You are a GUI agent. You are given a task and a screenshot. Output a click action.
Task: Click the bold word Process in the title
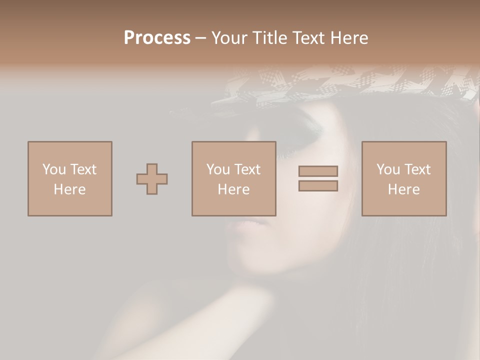(x=157, y=38)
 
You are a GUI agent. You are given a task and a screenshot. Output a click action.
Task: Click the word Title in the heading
(x=269, y=38)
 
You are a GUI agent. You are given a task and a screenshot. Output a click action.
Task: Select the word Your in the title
(x=229, y=38)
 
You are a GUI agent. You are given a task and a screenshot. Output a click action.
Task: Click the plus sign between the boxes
(x=152, y=179)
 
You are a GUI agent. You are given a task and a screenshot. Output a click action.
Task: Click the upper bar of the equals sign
(x=318, y=171)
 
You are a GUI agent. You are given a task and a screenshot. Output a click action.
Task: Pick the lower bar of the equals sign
(x=318, y=186)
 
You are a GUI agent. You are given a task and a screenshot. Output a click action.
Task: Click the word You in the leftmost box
(x=54, y=169)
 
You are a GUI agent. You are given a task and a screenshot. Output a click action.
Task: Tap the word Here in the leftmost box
(x=69, y=189)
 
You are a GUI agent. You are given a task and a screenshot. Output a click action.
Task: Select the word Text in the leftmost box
(x=83, y=169)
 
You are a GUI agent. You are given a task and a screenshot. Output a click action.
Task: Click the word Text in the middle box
(x=247, y=169)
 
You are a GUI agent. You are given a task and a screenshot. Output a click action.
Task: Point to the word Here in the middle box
(x=233, y=189)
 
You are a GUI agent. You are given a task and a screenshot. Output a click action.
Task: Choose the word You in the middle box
(x=218, y=169)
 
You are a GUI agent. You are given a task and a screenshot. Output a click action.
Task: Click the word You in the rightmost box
(x=388, y=169)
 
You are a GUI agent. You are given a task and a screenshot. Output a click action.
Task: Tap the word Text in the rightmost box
(x=417, y=169)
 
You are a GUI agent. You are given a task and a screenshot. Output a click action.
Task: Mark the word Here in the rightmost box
(x=403, y=189)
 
